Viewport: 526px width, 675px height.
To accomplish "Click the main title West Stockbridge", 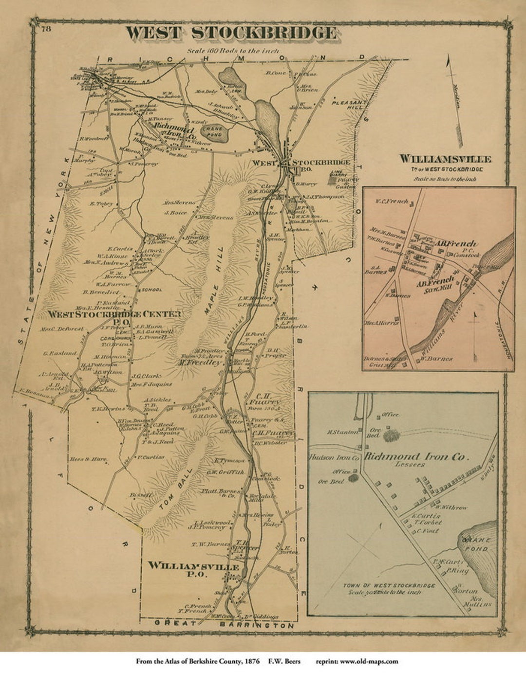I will click(x=231, y=33).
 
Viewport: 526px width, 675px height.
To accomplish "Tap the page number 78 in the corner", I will click(x=46, y=28).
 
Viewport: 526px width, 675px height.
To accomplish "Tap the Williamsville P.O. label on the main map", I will click(x=193, y=570).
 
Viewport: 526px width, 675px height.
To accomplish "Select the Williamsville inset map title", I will click(x=445, y=159).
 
